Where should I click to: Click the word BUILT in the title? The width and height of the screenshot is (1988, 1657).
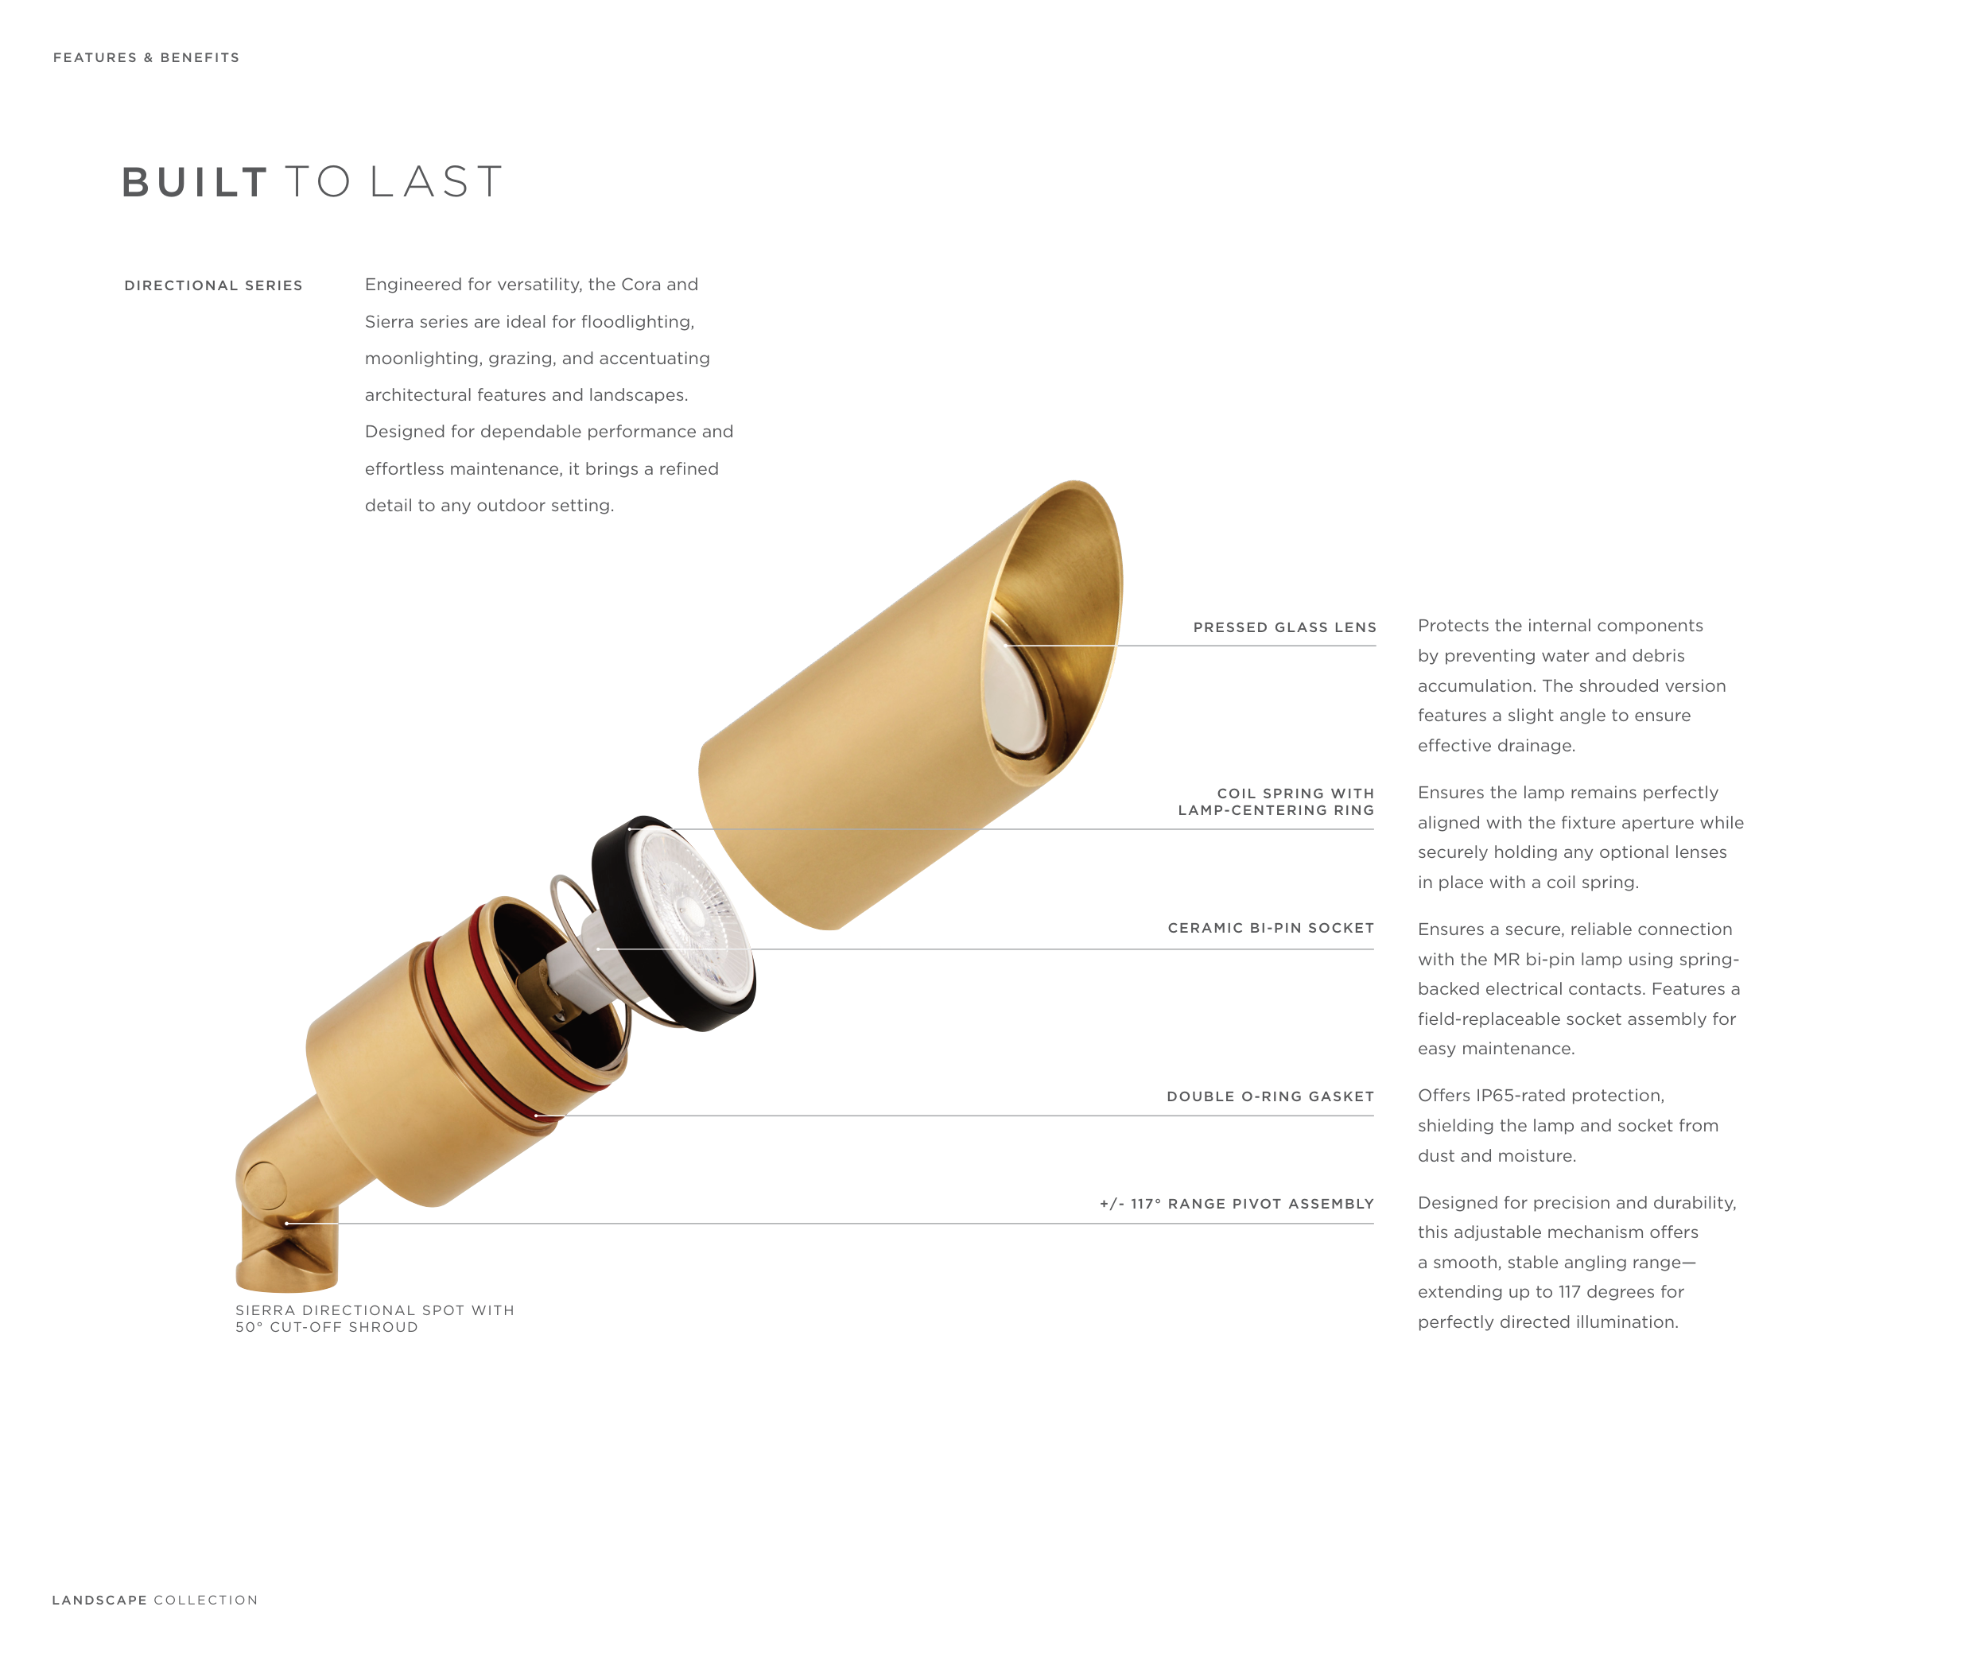(x=194, y=182)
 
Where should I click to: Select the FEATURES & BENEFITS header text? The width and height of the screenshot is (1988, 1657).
(x=147, y=58)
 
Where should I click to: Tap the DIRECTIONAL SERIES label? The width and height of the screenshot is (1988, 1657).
(x=213, y=285)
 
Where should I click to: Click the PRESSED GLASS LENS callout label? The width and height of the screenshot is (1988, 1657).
(x=1284, y=627)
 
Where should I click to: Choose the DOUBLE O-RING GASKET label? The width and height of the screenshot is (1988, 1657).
(x=1271, y=1096)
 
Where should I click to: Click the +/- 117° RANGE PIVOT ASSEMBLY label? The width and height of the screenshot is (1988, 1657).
(x=1237, y=1204)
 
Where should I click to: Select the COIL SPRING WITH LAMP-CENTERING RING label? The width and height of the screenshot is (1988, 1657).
(x=1276, y=801)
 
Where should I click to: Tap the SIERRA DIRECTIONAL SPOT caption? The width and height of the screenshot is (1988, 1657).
(x=375, y=1318)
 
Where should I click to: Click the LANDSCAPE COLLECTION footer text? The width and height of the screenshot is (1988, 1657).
(x=155, y=1601)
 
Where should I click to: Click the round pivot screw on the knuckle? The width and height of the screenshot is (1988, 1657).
(x=264, y=1186)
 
